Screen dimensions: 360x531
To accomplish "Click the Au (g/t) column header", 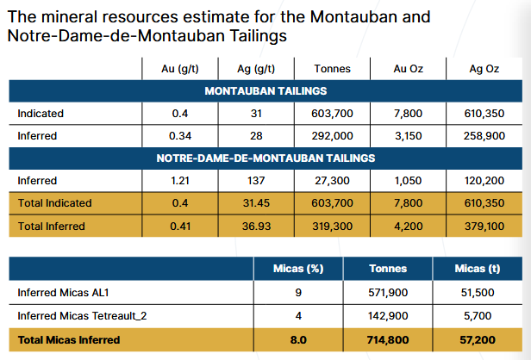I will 179,69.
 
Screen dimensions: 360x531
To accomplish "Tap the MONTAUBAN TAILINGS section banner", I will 265,91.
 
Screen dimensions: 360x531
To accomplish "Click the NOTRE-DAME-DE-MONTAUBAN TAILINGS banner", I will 265,158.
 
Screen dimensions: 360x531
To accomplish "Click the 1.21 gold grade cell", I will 179,181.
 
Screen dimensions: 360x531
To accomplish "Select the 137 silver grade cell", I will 255,181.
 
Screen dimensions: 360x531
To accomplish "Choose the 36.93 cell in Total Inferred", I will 255,226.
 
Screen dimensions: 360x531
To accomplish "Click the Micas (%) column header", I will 298,270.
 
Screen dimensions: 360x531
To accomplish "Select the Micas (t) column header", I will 477,270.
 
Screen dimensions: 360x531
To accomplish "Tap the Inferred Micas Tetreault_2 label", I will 82,316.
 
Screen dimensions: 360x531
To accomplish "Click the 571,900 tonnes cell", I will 388,293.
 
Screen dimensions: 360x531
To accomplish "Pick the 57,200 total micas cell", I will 477,339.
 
